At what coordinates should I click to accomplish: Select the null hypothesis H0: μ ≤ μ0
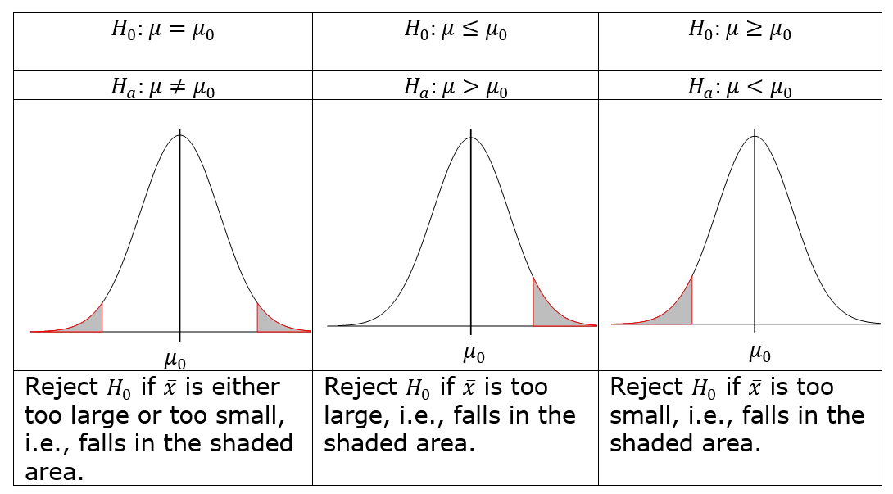point(455,31)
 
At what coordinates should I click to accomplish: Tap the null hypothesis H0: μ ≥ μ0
point(739,31)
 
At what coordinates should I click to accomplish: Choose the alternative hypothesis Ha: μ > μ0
point(455,87)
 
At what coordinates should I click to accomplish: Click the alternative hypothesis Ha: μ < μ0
point(739,87)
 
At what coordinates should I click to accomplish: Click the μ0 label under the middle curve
point(473,353)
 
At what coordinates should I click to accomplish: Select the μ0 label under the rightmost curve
point(759,353)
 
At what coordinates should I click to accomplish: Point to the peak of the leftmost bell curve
point(180,135)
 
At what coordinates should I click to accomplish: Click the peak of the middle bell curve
point(470,137)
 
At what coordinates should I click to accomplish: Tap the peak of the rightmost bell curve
point(755,135)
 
